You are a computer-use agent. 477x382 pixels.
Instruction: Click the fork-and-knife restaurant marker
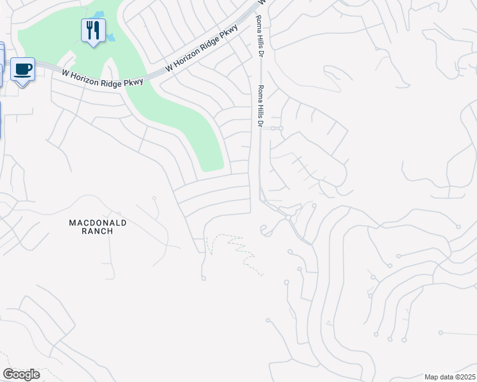point(93,31)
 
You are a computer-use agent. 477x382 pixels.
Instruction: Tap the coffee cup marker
point(22,69)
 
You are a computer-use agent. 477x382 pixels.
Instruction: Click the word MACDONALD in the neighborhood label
point(98,222)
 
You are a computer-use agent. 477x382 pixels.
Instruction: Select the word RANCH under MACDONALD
point(98,231)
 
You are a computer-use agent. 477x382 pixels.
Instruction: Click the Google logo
point(21,374)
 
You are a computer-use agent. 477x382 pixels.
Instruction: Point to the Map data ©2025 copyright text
point(449,377)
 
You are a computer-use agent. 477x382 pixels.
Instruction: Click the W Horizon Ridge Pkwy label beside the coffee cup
point(102,78)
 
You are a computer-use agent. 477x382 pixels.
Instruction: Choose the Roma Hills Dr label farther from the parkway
point(260,106)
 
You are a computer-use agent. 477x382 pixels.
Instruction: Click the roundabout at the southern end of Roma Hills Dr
point(288,218)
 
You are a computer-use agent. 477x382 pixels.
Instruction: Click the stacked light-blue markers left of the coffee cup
point(1,64)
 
